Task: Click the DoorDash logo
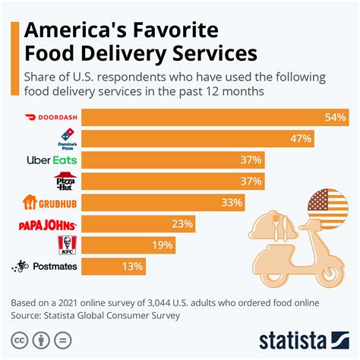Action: [51, 118]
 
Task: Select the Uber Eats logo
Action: [51, 160]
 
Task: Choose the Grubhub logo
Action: [51, 203]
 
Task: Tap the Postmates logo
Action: [45, 267]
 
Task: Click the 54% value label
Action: [335, 118]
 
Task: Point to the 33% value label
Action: [232, 203]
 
